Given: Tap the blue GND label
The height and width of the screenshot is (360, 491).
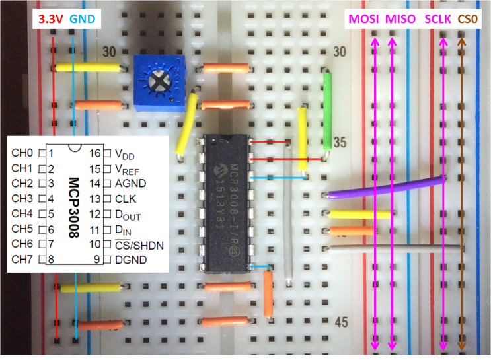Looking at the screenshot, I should click(x=83, y=19).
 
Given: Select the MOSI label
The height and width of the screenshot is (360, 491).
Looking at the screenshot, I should click(x=363, y=19).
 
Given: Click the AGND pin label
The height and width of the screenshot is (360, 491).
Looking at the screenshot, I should click(x=130, y=183).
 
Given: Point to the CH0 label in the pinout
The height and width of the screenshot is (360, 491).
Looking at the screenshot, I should click(x=22, y=153).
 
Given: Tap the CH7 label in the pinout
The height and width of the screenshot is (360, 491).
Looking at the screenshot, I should click(x=22, y=259).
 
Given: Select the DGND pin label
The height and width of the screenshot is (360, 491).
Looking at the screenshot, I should click(x=130, y=260).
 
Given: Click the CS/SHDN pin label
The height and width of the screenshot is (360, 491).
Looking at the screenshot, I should click(x=140, y=244).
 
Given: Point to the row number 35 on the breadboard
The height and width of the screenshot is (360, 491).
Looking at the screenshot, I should click(x=341, y=141).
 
